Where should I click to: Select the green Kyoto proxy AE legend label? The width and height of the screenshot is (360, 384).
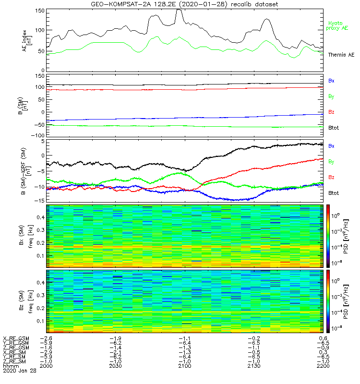point(338,26)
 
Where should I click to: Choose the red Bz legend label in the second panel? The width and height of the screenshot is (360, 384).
point(331,111)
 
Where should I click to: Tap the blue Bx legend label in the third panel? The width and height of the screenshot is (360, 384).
point(331,145)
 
